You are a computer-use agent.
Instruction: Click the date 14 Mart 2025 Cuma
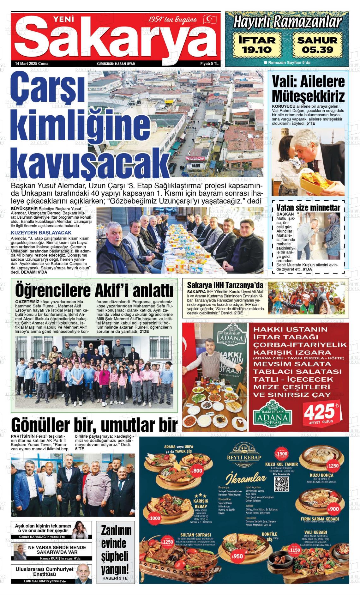click(32, 64)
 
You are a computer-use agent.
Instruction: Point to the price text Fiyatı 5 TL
click(209, 64)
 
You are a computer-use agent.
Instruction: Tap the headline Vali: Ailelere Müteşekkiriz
click(308, 89)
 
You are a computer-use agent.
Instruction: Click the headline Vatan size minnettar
click(308, 208)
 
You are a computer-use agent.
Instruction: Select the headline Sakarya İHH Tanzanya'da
click(225, 285)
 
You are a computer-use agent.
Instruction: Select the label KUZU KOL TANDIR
click(277, 464)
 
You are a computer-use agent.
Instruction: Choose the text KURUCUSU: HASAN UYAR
click(116, 64)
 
